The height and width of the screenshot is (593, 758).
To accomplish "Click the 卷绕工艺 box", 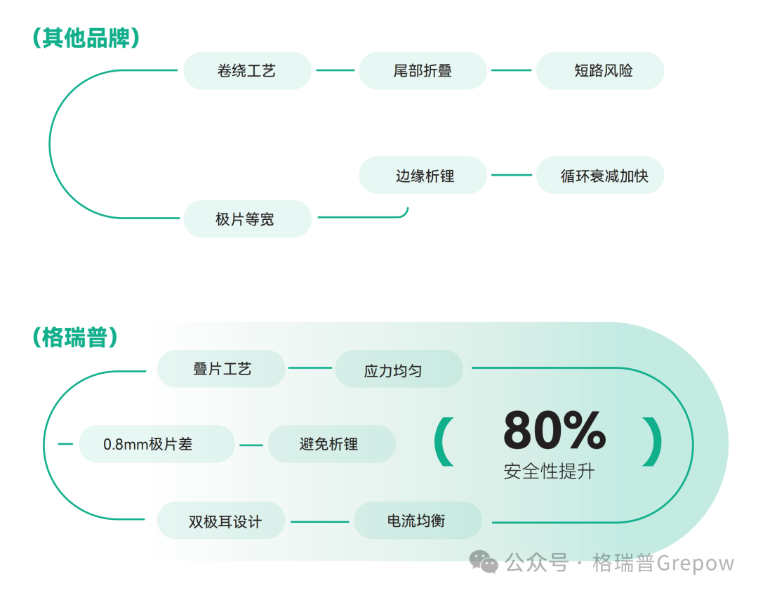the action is click(247, 70).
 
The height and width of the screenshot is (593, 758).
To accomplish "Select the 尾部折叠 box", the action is click(423, 70).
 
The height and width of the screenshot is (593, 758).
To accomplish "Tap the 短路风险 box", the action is click(600, 70).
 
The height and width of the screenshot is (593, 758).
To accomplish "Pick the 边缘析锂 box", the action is click(423, 176).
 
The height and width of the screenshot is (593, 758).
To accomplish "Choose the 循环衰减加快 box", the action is click(600, 176).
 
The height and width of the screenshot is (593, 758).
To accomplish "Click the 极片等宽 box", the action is click(247, 219).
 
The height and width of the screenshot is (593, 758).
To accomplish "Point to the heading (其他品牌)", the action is click(86, 38).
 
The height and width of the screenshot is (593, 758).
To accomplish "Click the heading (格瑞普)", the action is click(74, 337).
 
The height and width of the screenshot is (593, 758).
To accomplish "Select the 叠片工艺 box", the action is click(221, 369).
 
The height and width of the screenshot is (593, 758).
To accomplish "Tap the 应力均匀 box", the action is click(399, 370).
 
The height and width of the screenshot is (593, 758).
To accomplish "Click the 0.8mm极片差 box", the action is click(156, 444).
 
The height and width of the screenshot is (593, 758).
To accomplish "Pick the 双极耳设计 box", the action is click(221, 521).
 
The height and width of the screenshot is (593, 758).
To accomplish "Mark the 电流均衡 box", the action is click(418, 521).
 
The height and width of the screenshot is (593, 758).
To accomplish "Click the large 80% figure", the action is click(554, 430).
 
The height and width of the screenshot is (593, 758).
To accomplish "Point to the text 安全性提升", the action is click(549, 471).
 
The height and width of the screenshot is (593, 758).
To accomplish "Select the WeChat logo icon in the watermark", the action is click(484, 561).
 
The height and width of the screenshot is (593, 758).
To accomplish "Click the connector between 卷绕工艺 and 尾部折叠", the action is click(335, 70).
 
